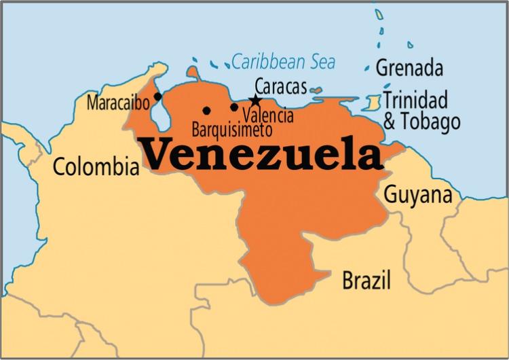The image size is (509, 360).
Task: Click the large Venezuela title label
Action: click(x=261, y=154)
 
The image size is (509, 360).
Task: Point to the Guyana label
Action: click(x=418, y=194)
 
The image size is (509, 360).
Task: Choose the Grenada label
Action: click(x=409, y=69)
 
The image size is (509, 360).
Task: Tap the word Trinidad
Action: click(x=415, y=100)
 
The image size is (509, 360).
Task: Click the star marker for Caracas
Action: click(x=255, y=101)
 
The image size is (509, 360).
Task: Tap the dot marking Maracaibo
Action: click(x=158, y=96)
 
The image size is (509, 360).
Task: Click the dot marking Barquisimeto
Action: click(x=206, y=110)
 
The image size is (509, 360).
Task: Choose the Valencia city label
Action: click(x=268, y=115)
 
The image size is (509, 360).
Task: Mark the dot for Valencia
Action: click(x=234, y=107)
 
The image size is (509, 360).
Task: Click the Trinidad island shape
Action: click(x=372, y=103)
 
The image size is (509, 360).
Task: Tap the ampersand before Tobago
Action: click(x=391, y=123)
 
